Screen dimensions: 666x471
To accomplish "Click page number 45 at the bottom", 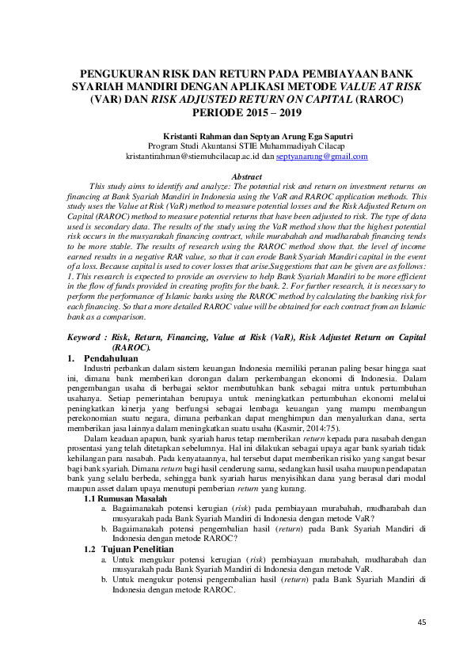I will point(421,622).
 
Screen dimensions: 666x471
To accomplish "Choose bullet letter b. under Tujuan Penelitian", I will point(105,579).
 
